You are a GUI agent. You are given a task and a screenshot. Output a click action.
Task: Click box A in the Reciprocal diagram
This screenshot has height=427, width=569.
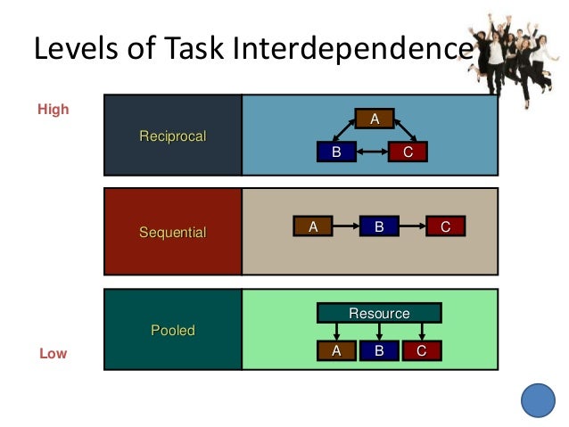coord(375,119)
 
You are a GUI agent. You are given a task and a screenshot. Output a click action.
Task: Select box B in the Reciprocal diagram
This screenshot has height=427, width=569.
coord(336,152)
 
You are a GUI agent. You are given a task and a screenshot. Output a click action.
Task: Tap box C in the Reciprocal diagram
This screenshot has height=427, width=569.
coord(408,152)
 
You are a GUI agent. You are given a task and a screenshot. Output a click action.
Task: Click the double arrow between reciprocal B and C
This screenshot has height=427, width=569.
coord(372,152)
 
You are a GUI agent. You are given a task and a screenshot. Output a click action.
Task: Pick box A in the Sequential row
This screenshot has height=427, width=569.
coord(313,227)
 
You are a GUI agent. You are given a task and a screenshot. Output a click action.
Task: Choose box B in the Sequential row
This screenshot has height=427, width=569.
coord(379,227)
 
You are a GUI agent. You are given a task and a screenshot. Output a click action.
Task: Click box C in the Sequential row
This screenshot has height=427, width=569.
coord(445,227)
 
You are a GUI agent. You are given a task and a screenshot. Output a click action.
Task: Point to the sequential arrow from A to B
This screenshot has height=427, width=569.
coord(346,227)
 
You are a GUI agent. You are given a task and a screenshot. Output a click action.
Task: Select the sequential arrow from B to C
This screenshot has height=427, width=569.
coord(412,227)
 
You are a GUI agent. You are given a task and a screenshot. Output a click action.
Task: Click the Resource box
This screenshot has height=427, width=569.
coord(379,313)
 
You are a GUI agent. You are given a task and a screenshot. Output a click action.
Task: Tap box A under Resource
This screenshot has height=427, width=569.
coord(336,350)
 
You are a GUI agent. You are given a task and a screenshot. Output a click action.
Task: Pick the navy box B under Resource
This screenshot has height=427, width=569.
coord(379,350)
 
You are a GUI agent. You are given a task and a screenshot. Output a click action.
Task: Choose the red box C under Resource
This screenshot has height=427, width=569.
coord(421,350)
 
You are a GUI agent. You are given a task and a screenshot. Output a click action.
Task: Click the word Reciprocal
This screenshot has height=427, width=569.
coord(172,136)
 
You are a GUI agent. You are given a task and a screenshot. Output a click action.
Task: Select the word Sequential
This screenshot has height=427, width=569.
coord(172,233)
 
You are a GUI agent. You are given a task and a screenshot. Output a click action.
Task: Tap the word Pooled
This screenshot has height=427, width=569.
coord(172,330)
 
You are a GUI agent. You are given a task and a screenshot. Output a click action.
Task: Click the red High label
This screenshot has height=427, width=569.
coord(53,111)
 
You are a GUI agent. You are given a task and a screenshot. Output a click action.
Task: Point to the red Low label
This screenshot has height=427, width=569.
coord(53,354)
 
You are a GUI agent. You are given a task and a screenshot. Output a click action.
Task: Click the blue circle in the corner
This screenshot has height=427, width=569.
coord(538,399)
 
